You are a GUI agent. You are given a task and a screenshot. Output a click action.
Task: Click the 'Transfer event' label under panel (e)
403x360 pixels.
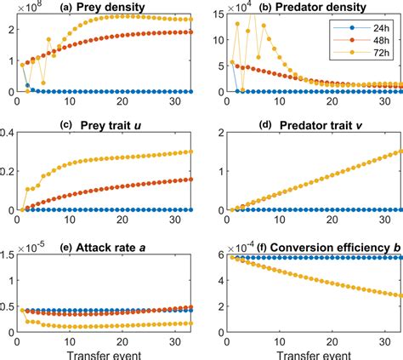pyautogui.click(x=106, y=352)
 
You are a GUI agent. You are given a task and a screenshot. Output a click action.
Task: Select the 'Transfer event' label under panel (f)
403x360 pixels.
pyautogui.click(x=312, y=352)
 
